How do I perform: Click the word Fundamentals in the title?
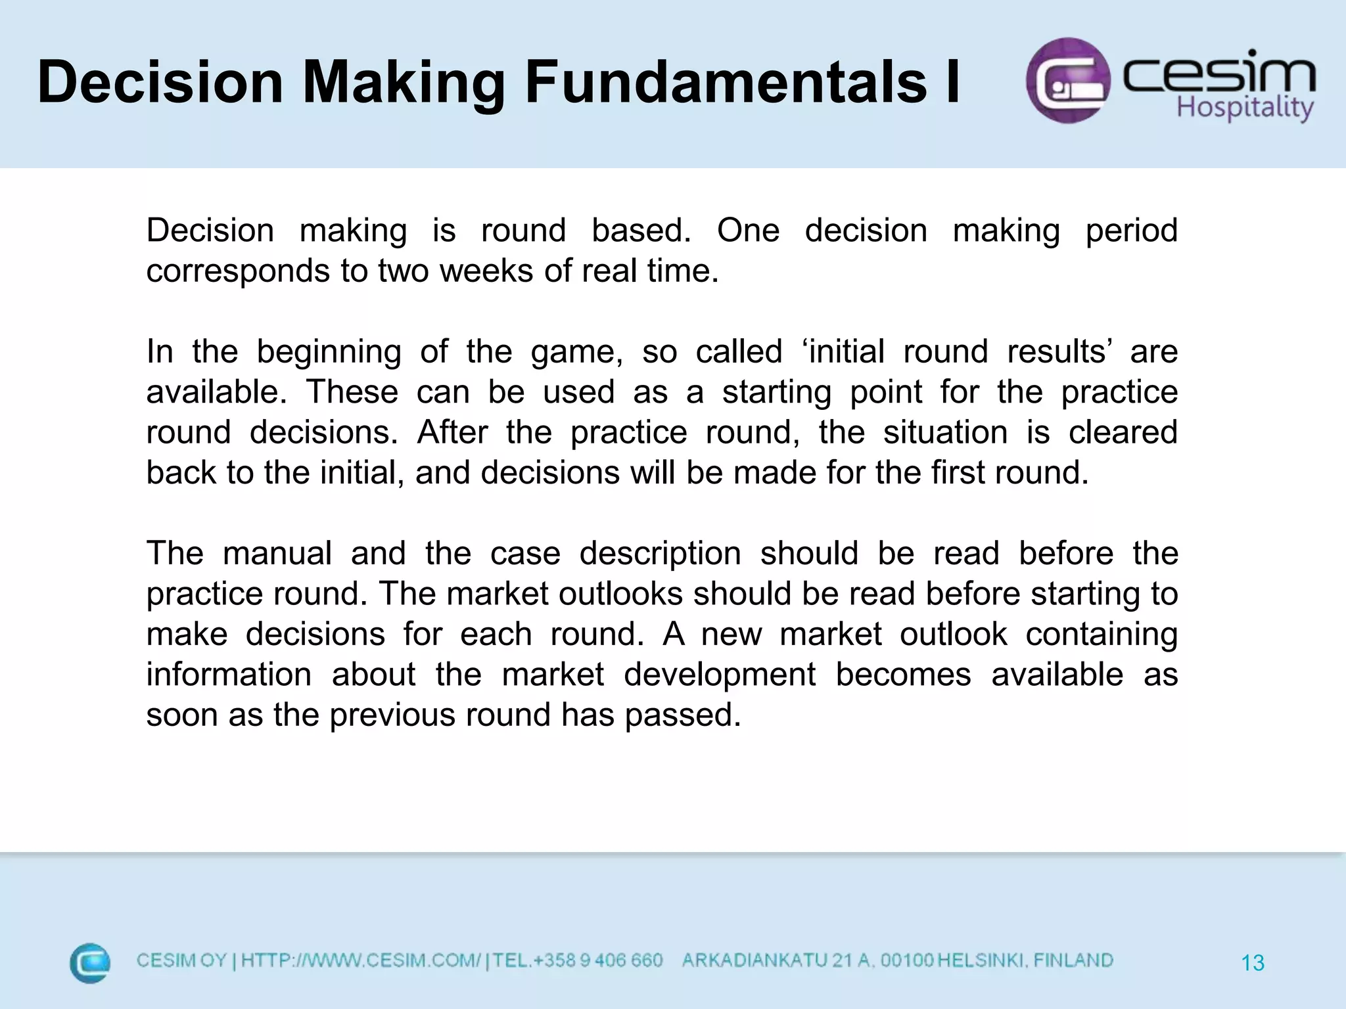pyautogui.click(x=726, y=83)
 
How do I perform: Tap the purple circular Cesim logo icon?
pyautogui.click(x=1068, y=81)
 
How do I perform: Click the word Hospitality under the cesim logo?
pyautogui.click(x=1244, y=108)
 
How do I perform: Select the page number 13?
pyautogui.click(x=1253, y=963)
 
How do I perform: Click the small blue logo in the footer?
pyautogui.click(x=90, y=963)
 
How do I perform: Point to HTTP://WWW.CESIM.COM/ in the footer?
pyautogui.click(x=360, y=961)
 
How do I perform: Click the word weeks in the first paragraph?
pyautogui.click(x=486, y=271)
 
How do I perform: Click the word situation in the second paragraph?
pyautogui.click(x=945, y=433)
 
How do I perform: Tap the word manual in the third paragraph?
pyautogui.click(x=277, y=554)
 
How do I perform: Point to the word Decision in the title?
pyautogui.click(x=160, y=83)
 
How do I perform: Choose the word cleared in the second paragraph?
pyautogui.click(x=1123, y=433)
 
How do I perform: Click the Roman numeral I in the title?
pyautogui.click(x=952, y=83)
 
